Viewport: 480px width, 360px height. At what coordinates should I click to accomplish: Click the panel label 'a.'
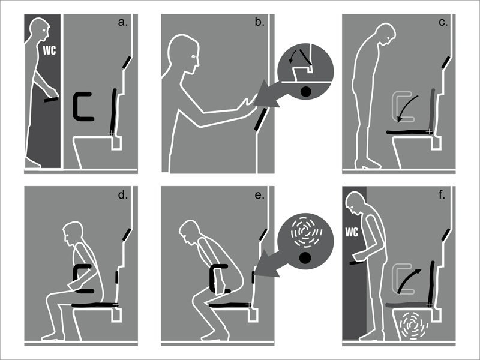coord(123,22)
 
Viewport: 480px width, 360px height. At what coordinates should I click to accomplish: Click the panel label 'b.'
coord(260,22)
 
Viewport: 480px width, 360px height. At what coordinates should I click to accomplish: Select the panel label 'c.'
coord(443,22)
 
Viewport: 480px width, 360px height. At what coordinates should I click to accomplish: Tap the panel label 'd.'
coord(123,194)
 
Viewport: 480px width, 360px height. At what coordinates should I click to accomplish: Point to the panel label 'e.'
coord(260,195)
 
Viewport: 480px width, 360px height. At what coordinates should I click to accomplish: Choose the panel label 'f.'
coord(442,194)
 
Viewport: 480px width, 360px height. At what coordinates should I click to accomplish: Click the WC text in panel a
coord(49,50)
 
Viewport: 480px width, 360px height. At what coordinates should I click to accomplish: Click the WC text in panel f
coord(352,232)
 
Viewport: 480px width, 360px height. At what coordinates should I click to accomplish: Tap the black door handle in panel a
coord(51,100)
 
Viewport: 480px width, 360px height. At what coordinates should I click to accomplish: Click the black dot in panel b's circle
coord(306,92)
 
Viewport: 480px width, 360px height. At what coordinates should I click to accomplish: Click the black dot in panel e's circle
coord(305,258)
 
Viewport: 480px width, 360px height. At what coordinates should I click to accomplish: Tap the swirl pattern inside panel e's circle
coord(306,232)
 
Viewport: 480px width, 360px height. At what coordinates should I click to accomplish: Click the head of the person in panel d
coord(73,233)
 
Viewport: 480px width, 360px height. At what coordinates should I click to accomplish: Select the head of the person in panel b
coord(183,53)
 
